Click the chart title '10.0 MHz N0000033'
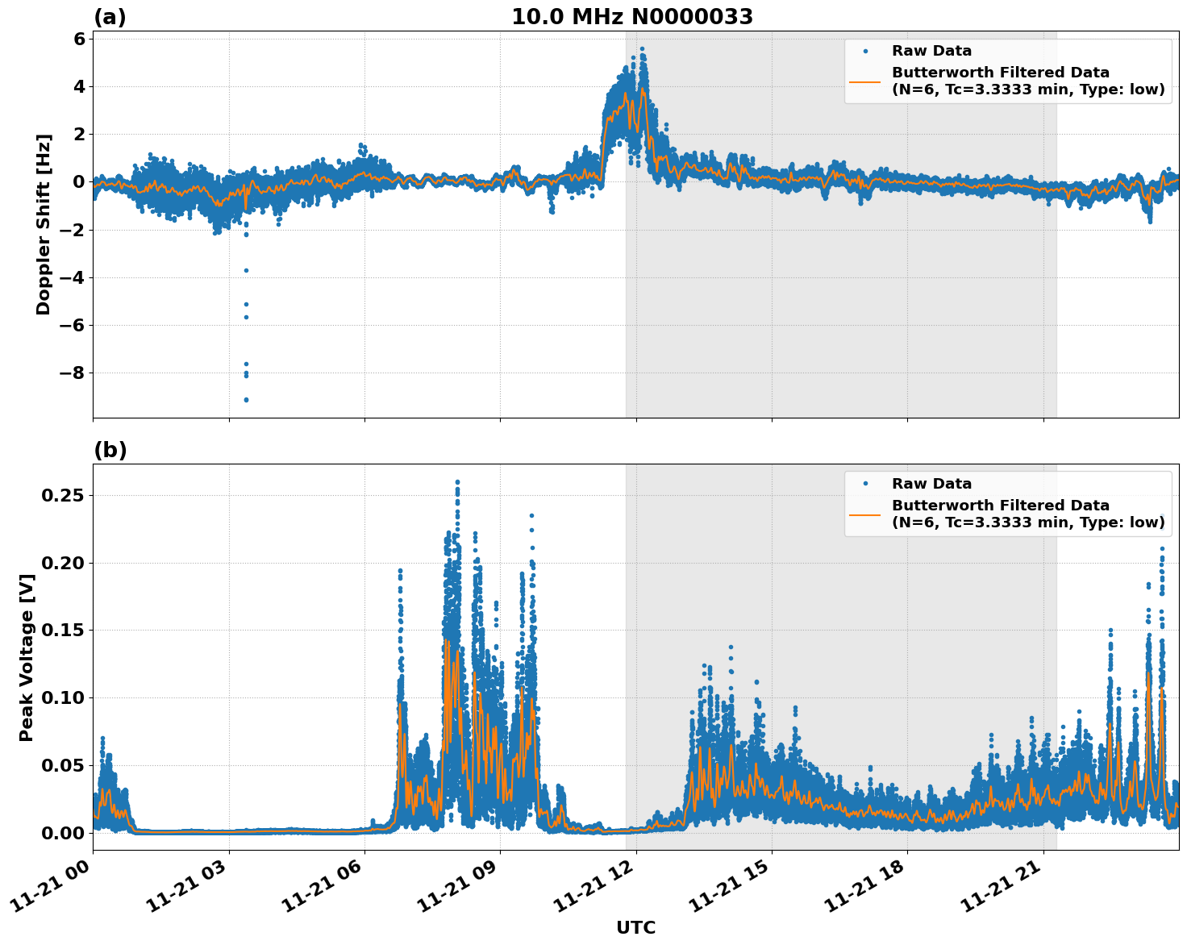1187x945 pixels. (632, 17)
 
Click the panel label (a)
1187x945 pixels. (110, 17)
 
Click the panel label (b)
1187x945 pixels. (110, 450)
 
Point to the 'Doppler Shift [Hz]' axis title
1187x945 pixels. (44, 224)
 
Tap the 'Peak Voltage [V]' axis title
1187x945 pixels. (27, 657)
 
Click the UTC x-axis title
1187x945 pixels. (635, 927)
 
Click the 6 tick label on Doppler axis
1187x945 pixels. (79, 39)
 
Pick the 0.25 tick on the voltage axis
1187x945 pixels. (62, 495)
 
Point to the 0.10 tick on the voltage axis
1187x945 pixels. (62, 697)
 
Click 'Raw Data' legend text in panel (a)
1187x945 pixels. (931, 51)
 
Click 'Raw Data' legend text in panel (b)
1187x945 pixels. (931, 484)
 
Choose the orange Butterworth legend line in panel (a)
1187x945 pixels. (864, 81)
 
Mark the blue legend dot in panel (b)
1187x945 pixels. (864, 484)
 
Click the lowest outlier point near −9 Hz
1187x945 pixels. (246, 400)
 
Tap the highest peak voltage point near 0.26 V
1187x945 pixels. (457, 482)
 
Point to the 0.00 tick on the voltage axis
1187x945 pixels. (62, 832)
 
